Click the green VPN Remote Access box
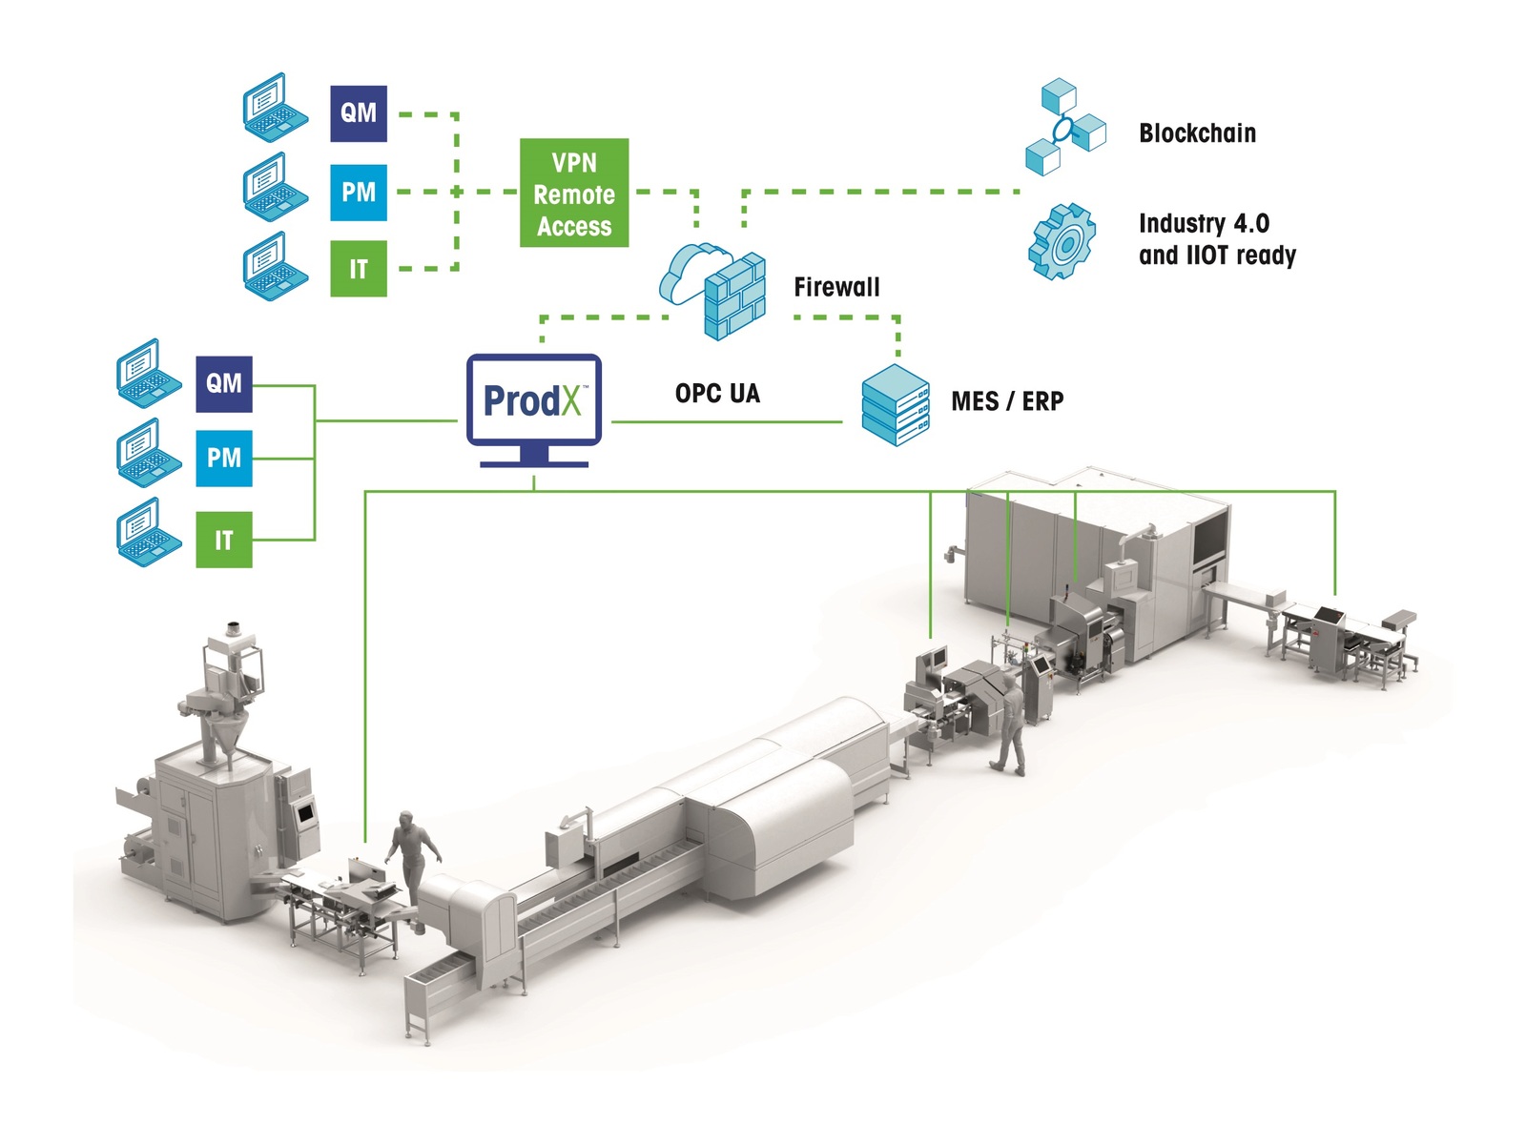click(x=573, y=193)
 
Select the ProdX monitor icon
click(x=534, y=410)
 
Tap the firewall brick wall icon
click(x=734, y=296)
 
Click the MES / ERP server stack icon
click(x=896, y=405)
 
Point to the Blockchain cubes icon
click(x=1065, y=127)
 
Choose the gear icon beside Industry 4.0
click(x=1062, y=242)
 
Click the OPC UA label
click(x=717, y=393)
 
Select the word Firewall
click(x=836, y=287)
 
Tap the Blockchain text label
click(x=1197, y=133)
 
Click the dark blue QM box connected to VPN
click(x=358, y=113)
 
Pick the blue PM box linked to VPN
click(x=358, y=193)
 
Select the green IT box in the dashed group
click(x=358, y=269)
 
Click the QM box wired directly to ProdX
click(x=224, y=384)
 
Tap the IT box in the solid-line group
click(x=224, y=540)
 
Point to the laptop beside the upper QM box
click(x=276, y=108)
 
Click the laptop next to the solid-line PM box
click(x=149, y=453)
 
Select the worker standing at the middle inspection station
click(x=1009, y=723)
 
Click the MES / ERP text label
click(x=1007, y=400)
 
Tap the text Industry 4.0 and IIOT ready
click(x=1217, y=239)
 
